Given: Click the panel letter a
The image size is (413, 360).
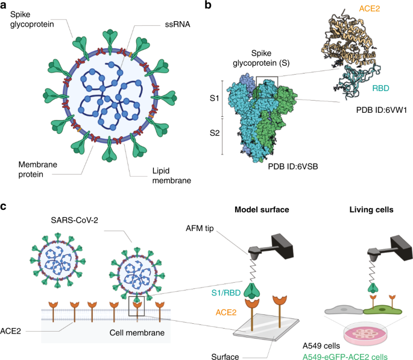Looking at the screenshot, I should (x=5, y=6).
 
